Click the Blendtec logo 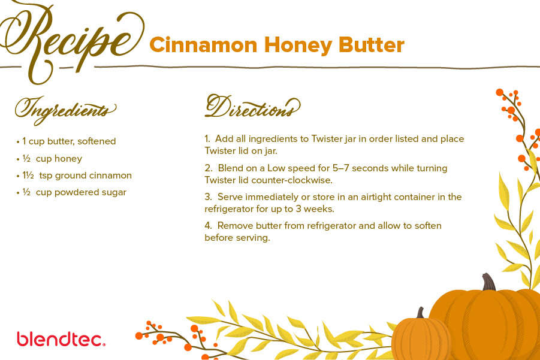click(61, 339)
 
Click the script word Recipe click(71, 41)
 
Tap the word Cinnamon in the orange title click(204, 45)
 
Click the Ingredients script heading click(65, 110)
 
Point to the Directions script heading click(252, 107)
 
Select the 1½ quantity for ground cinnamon click(28, 175)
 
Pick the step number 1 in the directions click(207, 139)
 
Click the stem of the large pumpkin click(488, 282)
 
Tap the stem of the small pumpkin click(421, 313)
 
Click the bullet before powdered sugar click(18, 193)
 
